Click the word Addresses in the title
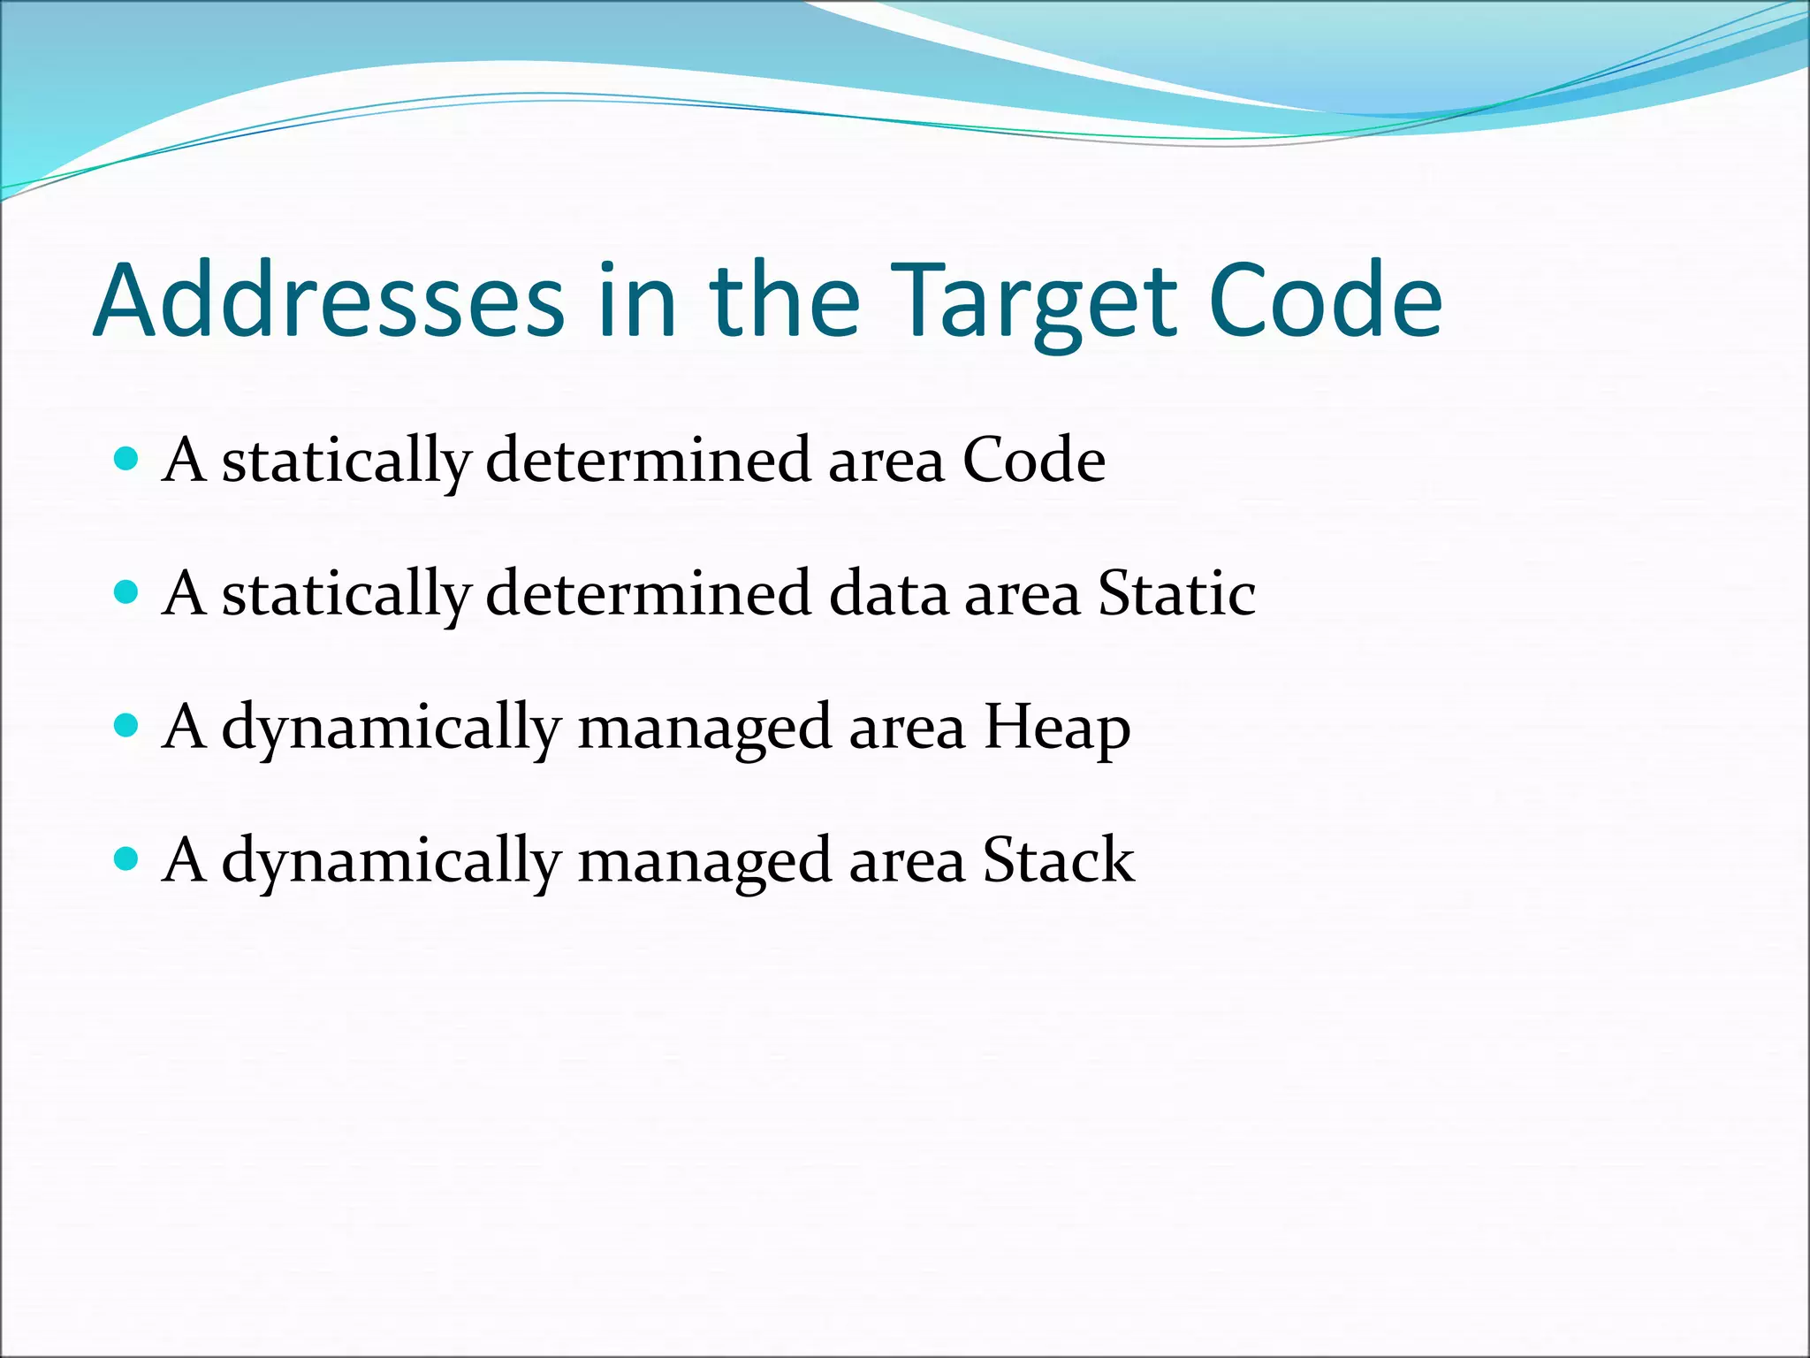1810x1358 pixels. click(328, 301)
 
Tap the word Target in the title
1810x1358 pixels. click(1033, 301)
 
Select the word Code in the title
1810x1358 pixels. click(1325, 301)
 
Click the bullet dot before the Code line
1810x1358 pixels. click(127, 459)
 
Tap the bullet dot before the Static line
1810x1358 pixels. click(127, 591)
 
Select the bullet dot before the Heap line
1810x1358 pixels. click(127, 726)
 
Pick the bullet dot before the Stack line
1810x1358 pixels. click(127, 858)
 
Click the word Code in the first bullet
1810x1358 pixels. click(1033, 461)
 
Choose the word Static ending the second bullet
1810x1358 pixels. click(1176, 593)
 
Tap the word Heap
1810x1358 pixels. click(1057, 728)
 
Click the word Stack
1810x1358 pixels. click(1059, 860)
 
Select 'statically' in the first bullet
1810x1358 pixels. click(346, 461)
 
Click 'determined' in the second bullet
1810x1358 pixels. click(648, 593)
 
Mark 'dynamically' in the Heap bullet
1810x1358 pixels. click(391, 728)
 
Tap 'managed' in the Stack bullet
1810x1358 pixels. click(704, 860)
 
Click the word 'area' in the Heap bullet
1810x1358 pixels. click(907, 728)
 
